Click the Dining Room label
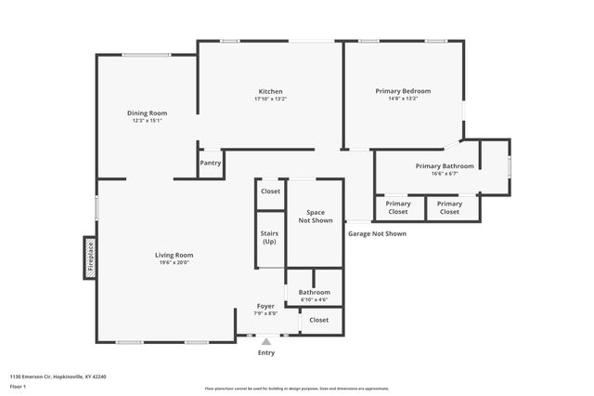(147, 113)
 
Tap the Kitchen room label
(270, 91)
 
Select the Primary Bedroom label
(403, 91)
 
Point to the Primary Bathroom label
(444, 165)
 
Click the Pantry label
(211, 163)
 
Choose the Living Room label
(174, 255)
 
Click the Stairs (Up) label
(269, 237)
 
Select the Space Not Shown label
(316, 216)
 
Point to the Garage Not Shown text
(377, 233)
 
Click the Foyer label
(265, 306)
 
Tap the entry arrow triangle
(266, 341)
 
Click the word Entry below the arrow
(266, 352)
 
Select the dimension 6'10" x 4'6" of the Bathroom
(314, 299)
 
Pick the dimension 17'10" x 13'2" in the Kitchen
(270, 99)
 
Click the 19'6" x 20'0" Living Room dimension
(174, 262)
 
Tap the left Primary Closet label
(398, 207)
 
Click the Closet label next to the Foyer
(318, 320)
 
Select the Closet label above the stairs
(270, 191)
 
